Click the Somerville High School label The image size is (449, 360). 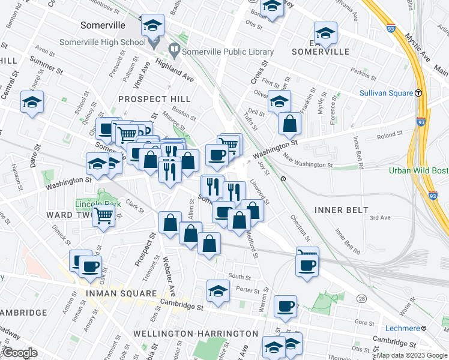click(x=102, y=42)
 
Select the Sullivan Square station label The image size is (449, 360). click(x=386, y=93)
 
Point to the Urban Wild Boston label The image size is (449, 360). click(x=418, y=170)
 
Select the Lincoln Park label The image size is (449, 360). click(x=98, y=204)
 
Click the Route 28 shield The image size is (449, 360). click(x=361, y=299)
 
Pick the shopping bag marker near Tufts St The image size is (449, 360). click(x=289, y=124)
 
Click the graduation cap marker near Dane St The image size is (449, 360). click(x=32, y=101)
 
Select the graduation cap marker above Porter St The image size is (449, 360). click(x=218, y=291)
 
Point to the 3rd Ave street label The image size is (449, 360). click(x=380, y=218)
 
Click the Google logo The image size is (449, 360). click(x=20, y=353)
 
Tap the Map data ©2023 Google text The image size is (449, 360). click(x=412, y=355)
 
